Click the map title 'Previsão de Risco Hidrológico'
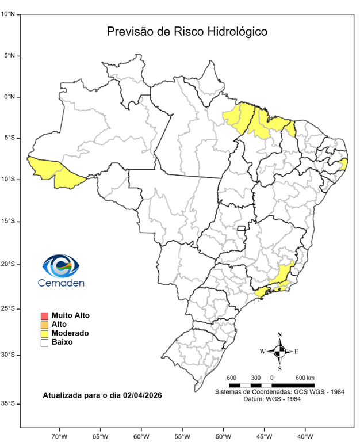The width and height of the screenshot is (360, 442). (x=187, y=31)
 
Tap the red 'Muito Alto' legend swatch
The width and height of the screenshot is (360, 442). (x=44, y=315)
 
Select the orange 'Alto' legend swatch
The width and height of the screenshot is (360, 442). (x=44, y=325)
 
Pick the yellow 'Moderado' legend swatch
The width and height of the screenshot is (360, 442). (x=44, y=333)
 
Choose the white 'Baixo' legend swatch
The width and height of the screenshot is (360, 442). (x=44, y=342)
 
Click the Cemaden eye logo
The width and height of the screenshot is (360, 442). (x=60, y=265)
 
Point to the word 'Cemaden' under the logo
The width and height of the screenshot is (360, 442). (x=60, y=283)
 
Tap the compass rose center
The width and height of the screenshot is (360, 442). (x=279, y=350)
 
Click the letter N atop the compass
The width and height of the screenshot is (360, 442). (x=279, y=334)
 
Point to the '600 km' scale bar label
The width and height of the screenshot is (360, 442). (x=305, y=378)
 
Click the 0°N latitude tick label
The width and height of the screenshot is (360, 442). (x=10, y=97)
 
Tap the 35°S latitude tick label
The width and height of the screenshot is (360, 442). (x=9, y=404)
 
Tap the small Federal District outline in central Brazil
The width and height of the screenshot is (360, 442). (x=242, y=228)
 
